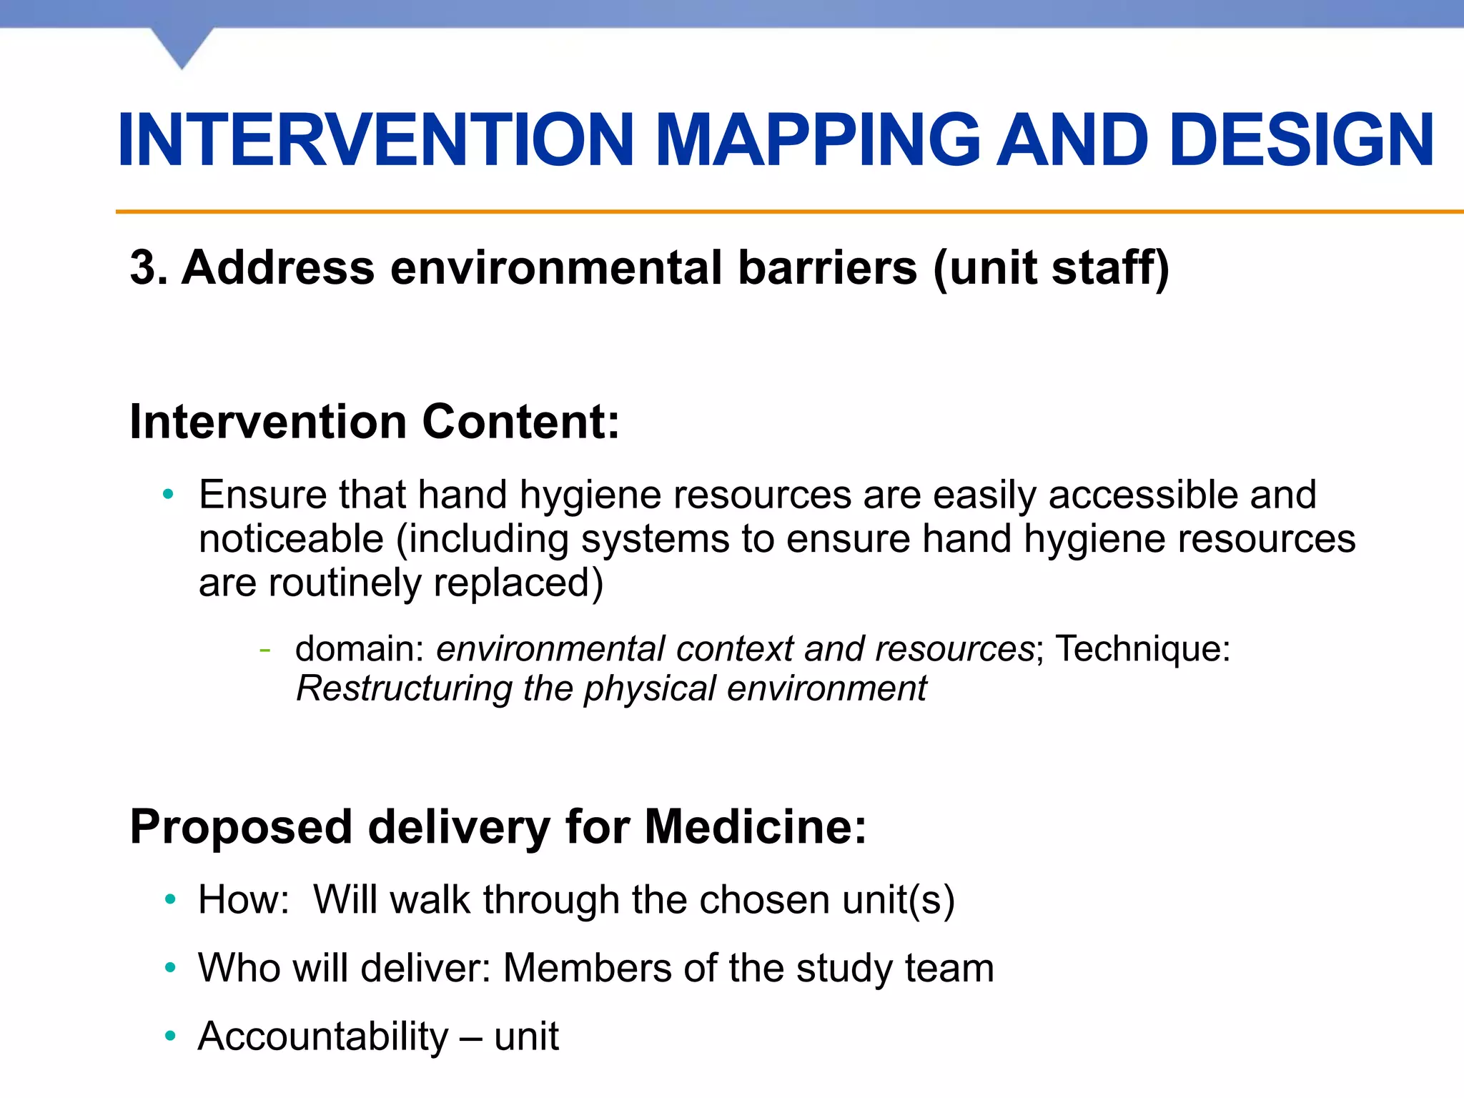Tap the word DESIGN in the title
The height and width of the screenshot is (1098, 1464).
click(x=1302, y=141)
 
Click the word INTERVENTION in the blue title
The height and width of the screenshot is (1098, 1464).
click(x=376, y=141)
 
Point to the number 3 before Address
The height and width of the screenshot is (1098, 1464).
click(x=144, y=267)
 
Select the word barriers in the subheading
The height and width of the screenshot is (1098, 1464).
click(x=827, y=267)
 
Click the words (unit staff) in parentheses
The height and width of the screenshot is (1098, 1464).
click(x=1051, y=269)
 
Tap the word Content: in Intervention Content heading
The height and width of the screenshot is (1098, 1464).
click(x=520, y=422)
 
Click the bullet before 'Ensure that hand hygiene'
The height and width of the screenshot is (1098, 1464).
click(x=168, y=494)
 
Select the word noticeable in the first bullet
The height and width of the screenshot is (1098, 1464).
click(x=291, y=538)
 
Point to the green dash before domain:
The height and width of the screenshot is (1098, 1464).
click(x=265, y=649)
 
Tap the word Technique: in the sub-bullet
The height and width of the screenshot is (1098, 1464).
click(x=1142, y=649)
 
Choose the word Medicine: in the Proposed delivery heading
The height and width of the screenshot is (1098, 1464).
click(x=755, y=827)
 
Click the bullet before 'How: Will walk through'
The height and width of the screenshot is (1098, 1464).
click(x=169, y=899)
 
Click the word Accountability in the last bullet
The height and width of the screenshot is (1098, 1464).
click(x=323, y=1037)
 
